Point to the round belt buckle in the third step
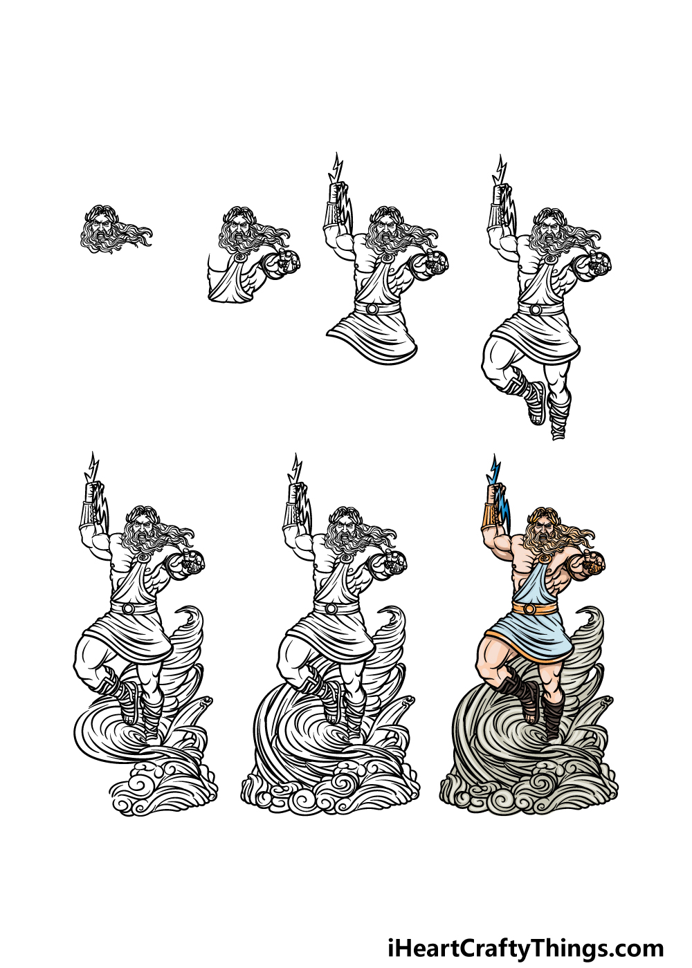coord(372,309)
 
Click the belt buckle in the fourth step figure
coord(535,310)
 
